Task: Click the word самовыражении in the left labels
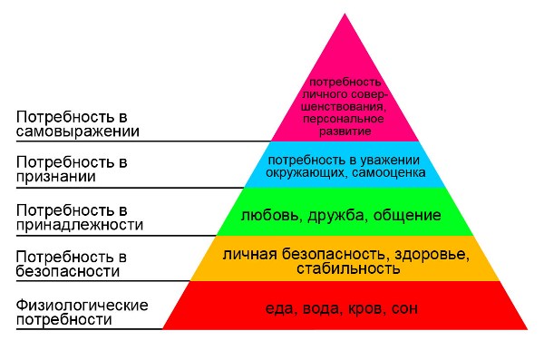pyautogui.click(x=78, y=131)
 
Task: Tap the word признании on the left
pyautogui.click(x=56, y=177)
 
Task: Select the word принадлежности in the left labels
pyautogui.click(x=80, y=225)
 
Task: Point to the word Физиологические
pyautogui.click(x=83, y=306)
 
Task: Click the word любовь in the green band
pyautogui.click(x=269, y=215)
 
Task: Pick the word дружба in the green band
pyautogui.click(x=335, y=215)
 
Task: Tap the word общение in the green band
pyautogui.click(x=407, y=216)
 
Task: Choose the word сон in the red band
pyautogui.click(x=404, y=308)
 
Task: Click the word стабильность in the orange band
pyautogui.click(x=348, y=268)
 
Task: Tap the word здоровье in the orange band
pyautogui.click(x=432, y=255)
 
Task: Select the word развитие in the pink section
pyautogui.click(x=345, y=131)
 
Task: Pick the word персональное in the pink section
pyautogui.click(x=344, y=119)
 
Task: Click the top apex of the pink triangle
pyautogui.click(x=345, y=14)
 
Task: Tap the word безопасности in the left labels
pyautogui.click(x=68, y=271)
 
